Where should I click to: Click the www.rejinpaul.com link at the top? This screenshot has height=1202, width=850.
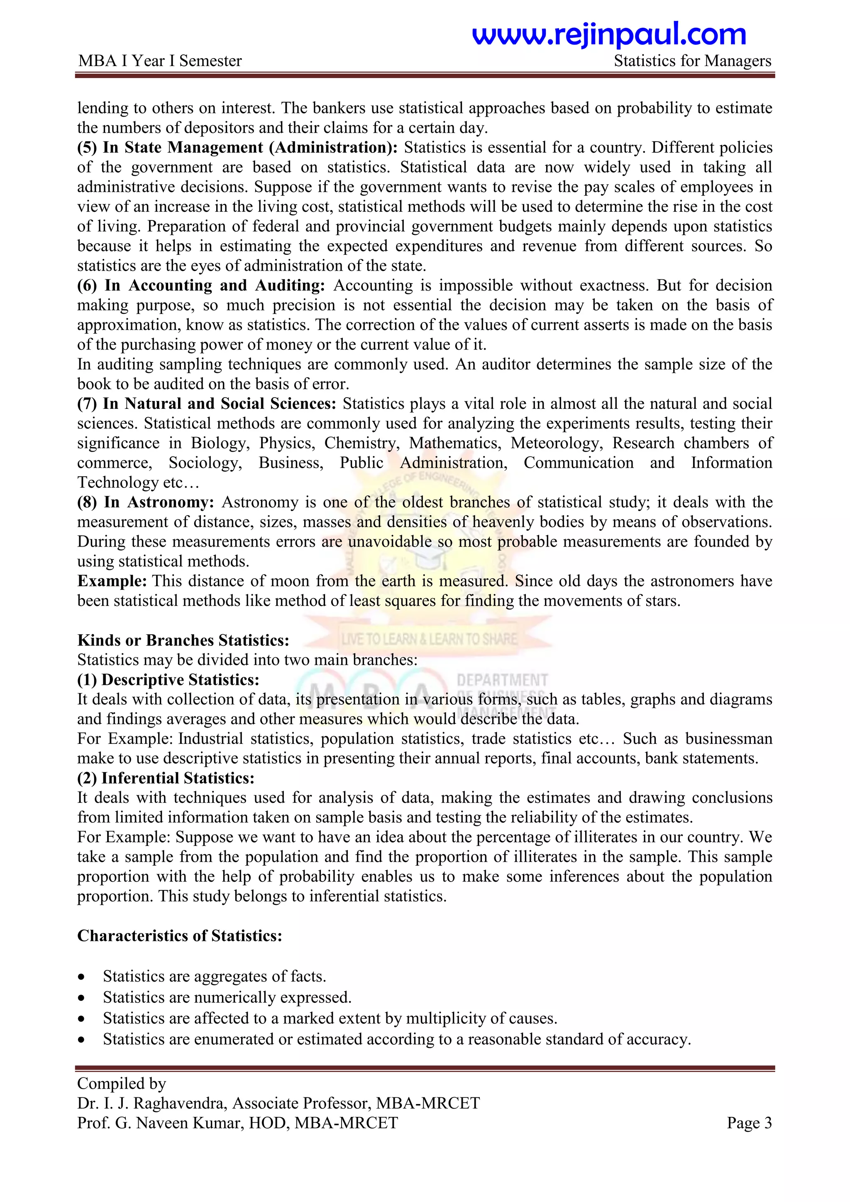pos(609,34)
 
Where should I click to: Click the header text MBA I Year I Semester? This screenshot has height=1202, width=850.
pos(160,61)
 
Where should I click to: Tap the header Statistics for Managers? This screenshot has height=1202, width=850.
pos(692,61)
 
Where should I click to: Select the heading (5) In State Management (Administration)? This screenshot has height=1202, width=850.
pos(237,148)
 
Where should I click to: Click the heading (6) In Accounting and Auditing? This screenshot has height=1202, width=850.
pos(201,285)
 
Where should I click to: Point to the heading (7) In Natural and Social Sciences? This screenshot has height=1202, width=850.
pos(207,403)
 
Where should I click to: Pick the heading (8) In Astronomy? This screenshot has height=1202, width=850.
pos(146,502)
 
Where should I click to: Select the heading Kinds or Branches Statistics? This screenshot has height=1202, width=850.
pos(183,640)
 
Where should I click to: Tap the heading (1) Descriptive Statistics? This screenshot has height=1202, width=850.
pos(168,679)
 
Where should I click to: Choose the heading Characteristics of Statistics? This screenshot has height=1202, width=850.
pos(180,936)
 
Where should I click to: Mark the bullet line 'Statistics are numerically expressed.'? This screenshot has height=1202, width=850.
pos(227,997)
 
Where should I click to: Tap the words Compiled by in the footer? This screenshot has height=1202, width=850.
pos(122,1083)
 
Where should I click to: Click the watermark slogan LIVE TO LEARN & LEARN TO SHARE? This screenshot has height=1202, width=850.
pos(429,639)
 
